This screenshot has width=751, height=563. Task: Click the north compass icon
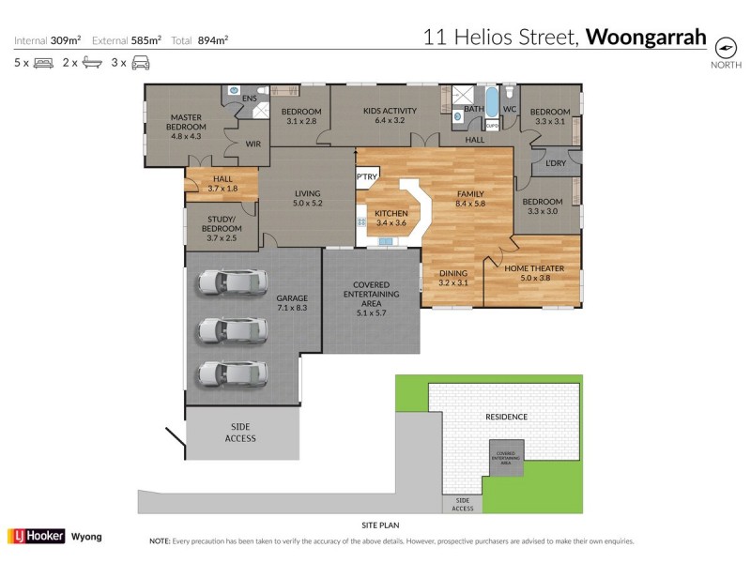[725, 47]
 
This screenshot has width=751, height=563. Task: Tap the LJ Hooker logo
[35, 537]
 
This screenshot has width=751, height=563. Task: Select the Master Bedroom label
[187, 127]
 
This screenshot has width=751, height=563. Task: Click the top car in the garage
[228, 281]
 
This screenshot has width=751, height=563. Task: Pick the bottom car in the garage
[228, 374]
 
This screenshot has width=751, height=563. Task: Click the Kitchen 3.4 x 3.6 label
[391, 218]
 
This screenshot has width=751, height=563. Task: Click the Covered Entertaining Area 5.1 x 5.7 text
[371, 294]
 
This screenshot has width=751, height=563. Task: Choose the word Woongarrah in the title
[646, 38]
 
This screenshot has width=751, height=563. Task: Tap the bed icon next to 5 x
[43, 63]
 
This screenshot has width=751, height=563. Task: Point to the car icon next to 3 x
[141, 63]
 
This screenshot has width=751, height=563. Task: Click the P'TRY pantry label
[366, 177]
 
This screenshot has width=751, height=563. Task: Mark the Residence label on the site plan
[506, 417]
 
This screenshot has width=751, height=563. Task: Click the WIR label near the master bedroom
[253, 145]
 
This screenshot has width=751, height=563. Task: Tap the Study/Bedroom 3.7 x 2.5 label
[222, 223]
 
